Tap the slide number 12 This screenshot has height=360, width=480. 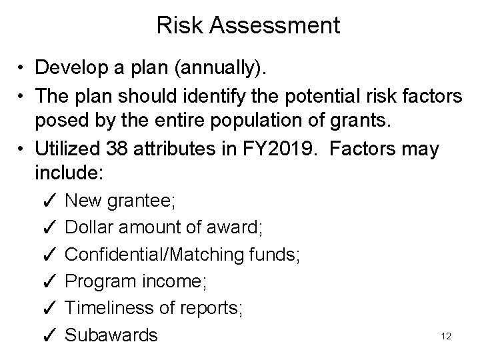(x=446, y=337)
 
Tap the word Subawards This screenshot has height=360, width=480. (x=112, y=335)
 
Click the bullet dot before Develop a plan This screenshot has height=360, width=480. (x=23, y=69)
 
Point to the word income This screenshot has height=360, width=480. (x=176, y=281)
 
